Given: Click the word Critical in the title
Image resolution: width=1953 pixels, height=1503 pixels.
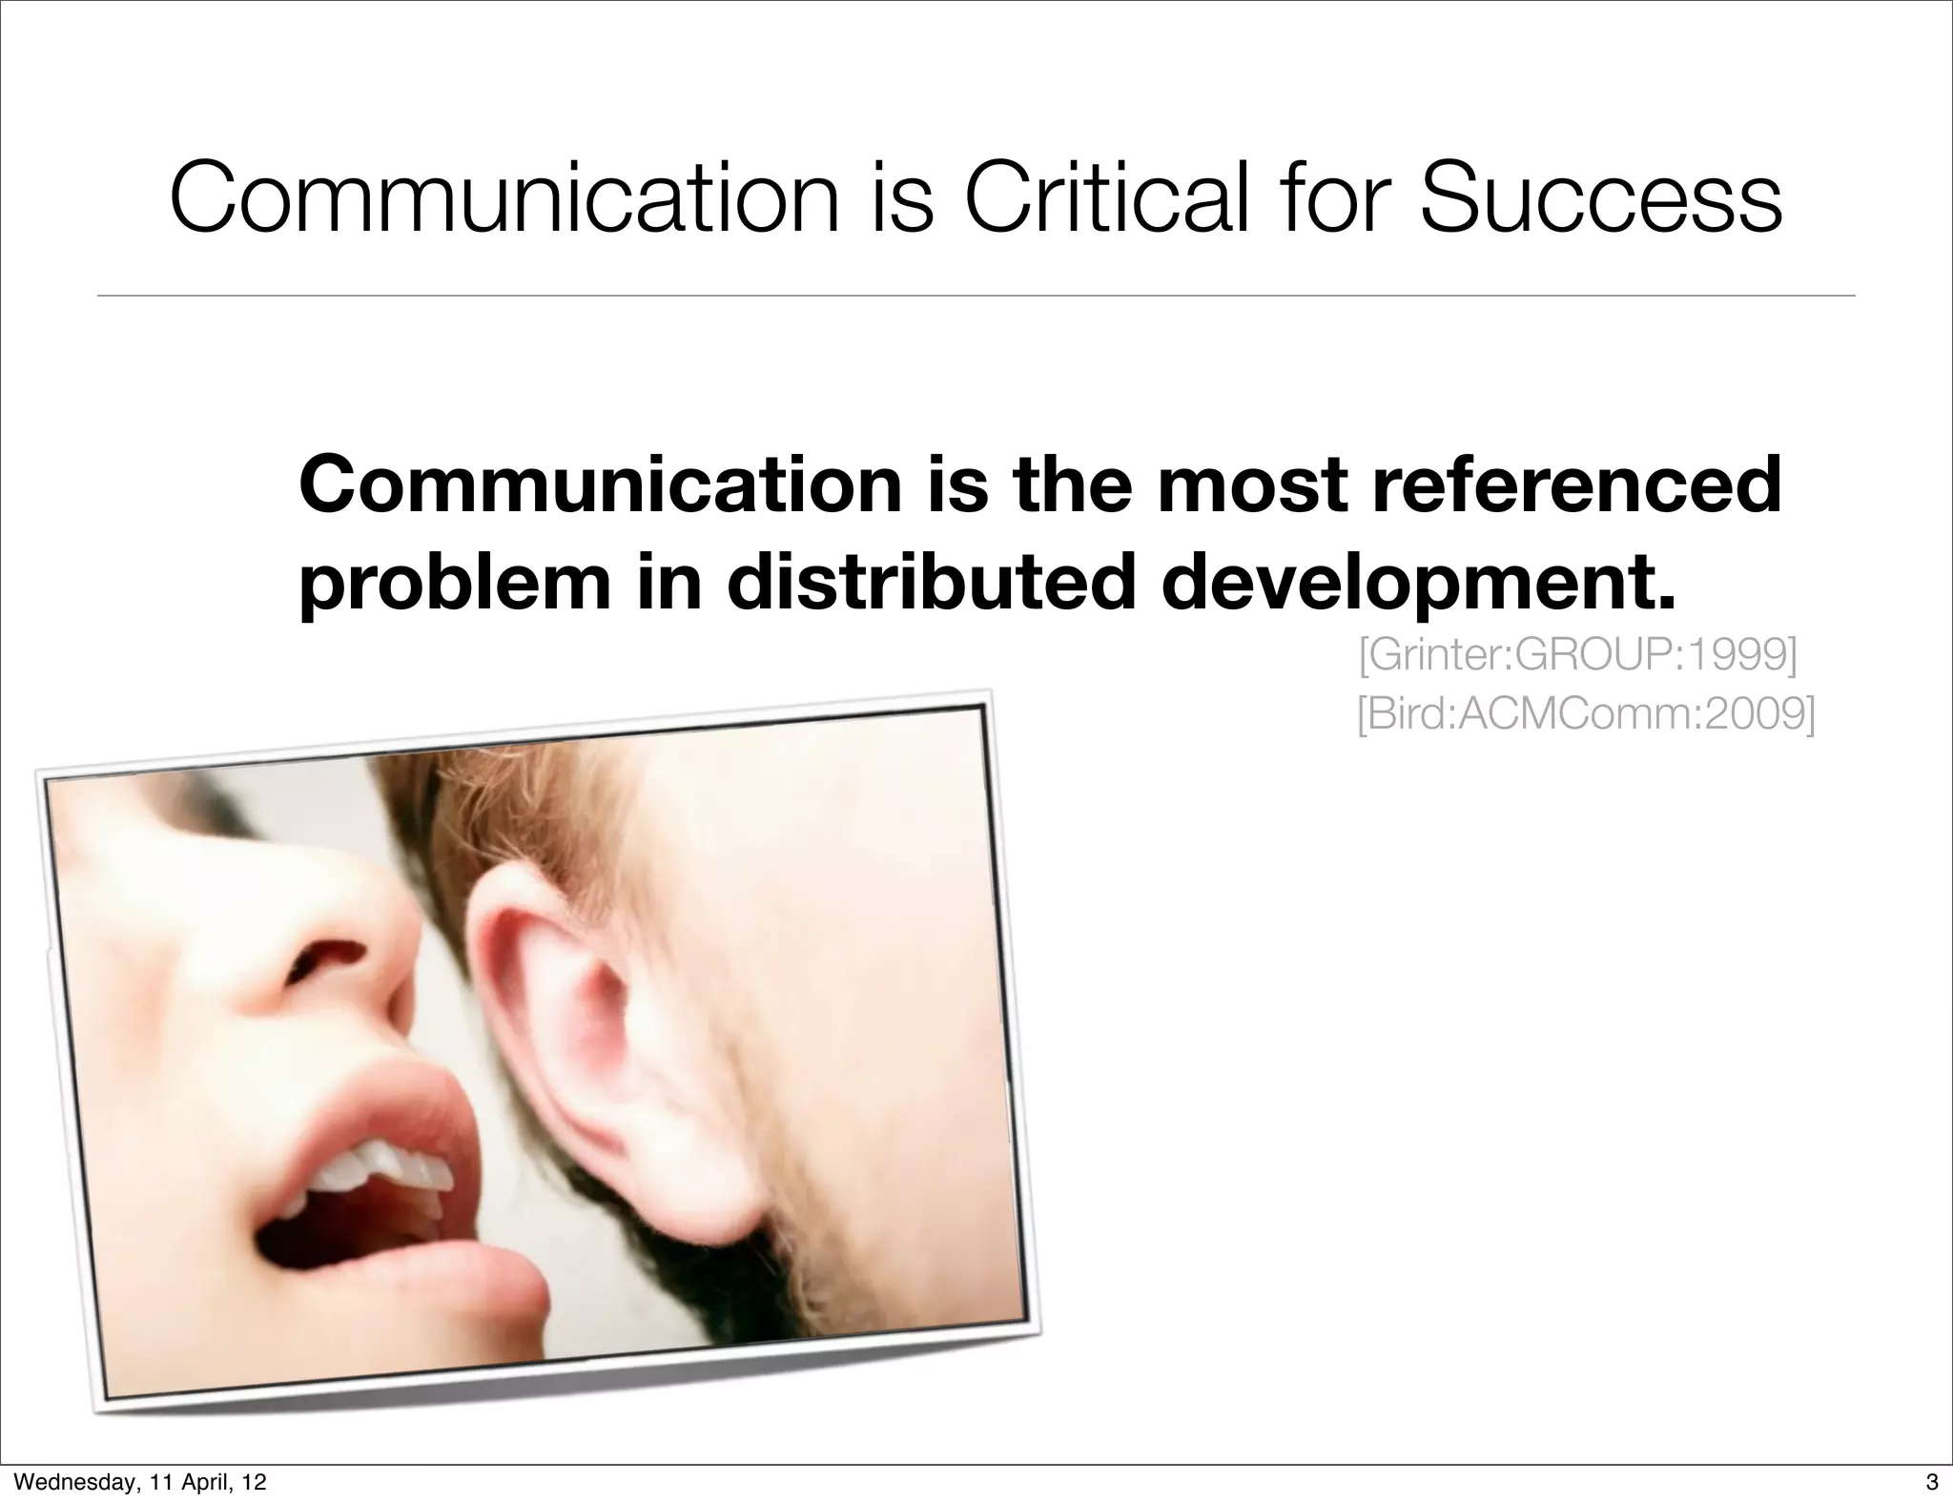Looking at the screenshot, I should tap(1106, 198).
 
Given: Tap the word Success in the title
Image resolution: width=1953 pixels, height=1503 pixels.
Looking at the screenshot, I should tap(1600, 198).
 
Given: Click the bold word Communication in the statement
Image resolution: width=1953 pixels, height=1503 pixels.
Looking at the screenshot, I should tap(600, 484).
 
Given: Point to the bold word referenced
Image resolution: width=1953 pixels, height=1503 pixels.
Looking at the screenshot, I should tap(1564, 484).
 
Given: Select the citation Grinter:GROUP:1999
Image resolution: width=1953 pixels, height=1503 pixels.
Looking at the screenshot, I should tap(1577, 656).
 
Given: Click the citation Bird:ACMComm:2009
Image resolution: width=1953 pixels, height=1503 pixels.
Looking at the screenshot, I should tap(1586, 714).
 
